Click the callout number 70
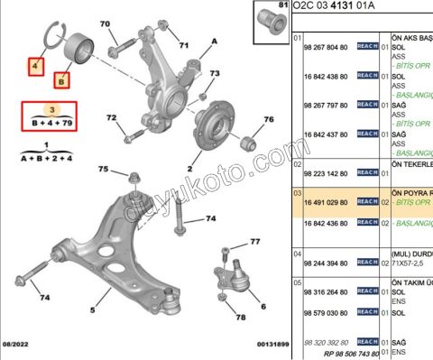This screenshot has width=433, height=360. (105, 23)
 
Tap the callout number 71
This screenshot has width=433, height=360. (184, 44)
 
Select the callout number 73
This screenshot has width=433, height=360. (214, 73)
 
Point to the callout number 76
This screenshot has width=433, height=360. (268, 119)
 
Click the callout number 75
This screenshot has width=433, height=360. (104, 170)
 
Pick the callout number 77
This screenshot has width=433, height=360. (254, 241)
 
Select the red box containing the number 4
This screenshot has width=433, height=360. (35, 66)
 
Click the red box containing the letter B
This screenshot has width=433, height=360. (61, 82)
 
